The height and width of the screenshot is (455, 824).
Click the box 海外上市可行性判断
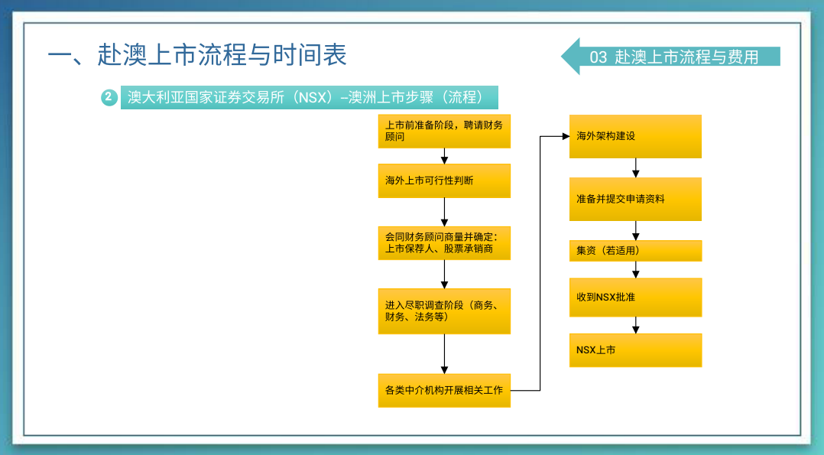point(444,180)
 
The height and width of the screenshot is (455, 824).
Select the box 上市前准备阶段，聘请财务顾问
point(444,131)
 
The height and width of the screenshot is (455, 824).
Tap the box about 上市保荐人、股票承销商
point(444,243)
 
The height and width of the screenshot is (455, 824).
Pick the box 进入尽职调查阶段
point(444,311)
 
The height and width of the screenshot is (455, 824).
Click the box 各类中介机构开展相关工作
point(444,390)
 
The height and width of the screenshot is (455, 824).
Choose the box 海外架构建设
point(635,136)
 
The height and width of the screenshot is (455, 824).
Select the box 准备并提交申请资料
point(635,199)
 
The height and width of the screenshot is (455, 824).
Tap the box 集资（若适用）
point(635,250)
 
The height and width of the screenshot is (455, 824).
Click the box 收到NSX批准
point(635,297)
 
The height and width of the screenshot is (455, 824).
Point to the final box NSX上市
point(635,349)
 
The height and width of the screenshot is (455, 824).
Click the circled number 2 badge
point(109,97)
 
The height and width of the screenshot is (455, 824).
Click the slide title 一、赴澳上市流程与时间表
point(197,55)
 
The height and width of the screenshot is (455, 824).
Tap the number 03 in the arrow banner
point(598,57)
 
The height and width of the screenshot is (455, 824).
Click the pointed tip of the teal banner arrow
point(562,56)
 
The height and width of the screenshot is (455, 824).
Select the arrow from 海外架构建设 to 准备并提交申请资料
point(635,167)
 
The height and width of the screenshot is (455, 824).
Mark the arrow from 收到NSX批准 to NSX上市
point(635,325)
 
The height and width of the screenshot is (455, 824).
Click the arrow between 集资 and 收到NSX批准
point(635,269)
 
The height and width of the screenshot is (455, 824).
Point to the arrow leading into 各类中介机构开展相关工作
point(444,353)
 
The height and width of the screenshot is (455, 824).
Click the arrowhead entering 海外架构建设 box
point(566,136)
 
